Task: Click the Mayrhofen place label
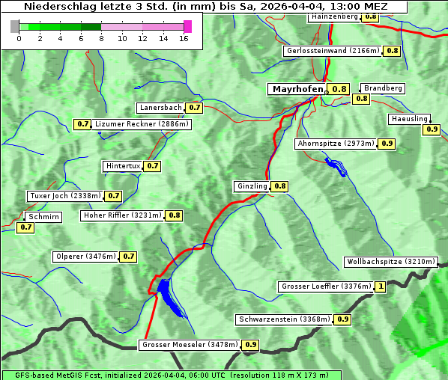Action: (x=297, y=89)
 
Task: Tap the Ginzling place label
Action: (x=252, y=186)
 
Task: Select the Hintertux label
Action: (x=123, y=165)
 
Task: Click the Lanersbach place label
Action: (x=160, y=108)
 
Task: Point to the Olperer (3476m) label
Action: (x=85, y=257)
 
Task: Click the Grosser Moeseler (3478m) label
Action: (x=190, y=345)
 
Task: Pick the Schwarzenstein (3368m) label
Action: (x=283, y=319)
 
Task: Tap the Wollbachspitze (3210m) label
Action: (x=390, y=262)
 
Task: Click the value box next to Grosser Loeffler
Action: (x=381, y=286)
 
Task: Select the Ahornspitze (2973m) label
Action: (x=335, y=143)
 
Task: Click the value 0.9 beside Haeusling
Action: (x=432, y=129)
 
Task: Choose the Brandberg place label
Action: (x=383, y=88)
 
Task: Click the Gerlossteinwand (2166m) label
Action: (x=332, y=51)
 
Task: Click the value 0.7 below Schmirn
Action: (x=25, y=227)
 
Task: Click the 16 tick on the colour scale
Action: (x=184, y=37)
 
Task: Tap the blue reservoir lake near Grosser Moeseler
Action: (x=169, y=295)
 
